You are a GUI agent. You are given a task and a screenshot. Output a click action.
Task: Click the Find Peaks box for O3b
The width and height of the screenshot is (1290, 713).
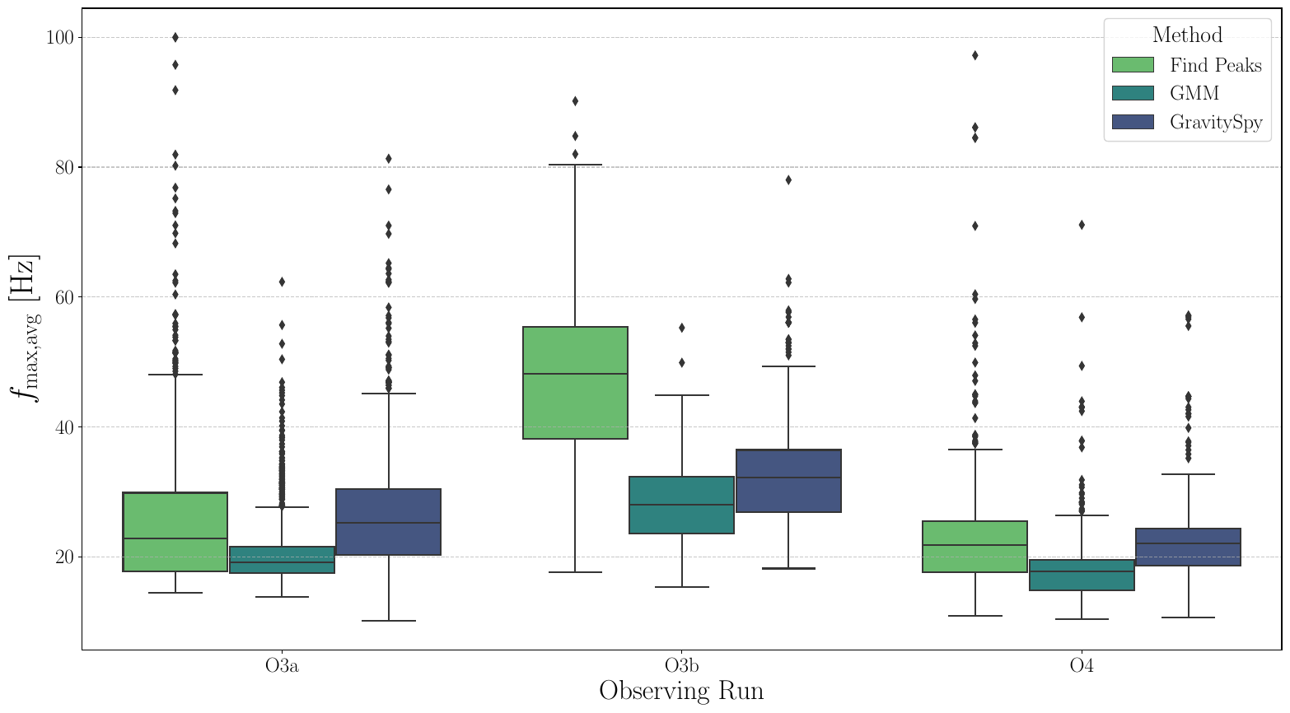pyautogui.click(x=575, y=383)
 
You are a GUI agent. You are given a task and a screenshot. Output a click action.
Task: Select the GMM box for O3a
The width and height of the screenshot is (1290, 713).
pyautogui.click(x=282, y=560)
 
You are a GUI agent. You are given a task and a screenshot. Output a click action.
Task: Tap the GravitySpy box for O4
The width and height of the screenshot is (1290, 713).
pyautogui.click(x=1188, y=547)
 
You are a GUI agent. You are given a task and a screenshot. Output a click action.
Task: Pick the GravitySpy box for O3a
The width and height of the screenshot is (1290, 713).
pyautogui.click(x=388, y=522)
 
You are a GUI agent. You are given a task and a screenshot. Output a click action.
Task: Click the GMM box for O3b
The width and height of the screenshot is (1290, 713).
pyautogui.click(x=681, y=505)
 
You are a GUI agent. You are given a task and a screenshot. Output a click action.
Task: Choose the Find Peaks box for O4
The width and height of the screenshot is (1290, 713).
pyautogui.click(x=975, y=547)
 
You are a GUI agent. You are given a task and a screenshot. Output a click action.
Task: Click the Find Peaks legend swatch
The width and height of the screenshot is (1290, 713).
pyautogui.click(x=1133, y=65)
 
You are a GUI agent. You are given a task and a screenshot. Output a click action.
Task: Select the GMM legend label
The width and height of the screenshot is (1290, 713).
pyautogui.click(x=1194, y=94)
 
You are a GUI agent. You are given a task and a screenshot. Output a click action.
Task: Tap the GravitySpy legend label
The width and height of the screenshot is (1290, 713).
pyautogui.click(x=1215, y=123)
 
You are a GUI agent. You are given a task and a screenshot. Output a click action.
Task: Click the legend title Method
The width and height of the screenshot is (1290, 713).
pyautogui.click(x=1187, y=35)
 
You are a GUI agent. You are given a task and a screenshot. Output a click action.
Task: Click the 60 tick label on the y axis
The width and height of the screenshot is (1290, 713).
pyautogui.click(x=63, y=297)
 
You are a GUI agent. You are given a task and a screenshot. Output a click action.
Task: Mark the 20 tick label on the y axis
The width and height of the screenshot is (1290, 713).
pyautogui.click(x=63, y=557)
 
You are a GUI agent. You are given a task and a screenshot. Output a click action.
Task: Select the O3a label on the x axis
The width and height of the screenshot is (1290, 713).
pyautogui.click(x=282, y=666)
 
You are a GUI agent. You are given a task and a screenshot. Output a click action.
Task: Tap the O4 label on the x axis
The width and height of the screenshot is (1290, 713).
pyautogui.click(x=1082, y=666)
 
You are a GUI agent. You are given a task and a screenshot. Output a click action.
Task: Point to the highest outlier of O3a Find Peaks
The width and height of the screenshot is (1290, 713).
pyautogui.click(x=175, y=37)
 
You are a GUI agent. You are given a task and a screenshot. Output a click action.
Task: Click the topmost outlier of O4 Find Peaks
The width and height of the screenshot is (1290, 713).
pyautogui.click(x=975, y=55)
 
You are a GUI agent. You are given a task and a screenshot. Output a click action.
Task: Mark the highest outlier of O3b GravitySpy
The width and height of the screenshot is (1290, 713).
pyautogui.click(x=788, y=179)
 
